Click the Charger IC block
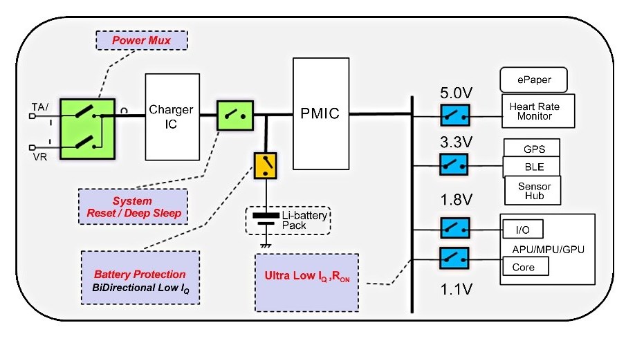pos(172,117)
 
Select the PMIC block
pos(321,113)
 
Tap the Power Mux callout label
pos(142,41)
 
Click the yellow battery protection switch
pos(265,165)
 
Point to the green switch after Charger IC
pos(235,115)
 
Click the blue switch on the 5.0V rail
pos(455,115)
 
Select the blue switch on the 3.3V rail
pos(454,165)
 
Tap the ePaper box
pos(534,80)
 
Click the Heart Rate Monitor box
pos(538,111)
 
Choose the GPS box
pos(532,149)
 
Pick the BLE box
pos(532,167)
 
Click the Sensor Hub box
pos(533,191)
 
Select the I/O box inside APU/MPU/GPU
pos(523,230)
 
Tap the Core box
pos(526,267)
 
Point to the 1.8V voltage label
pos(457,200)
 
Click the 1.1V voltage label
pos(457,289)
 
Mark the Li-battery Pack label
pos(304,220)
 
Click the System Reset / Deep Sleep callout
pos(134,207)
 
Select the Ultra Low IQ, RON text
pos(307,276)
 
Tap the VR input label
pos(39,157)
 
